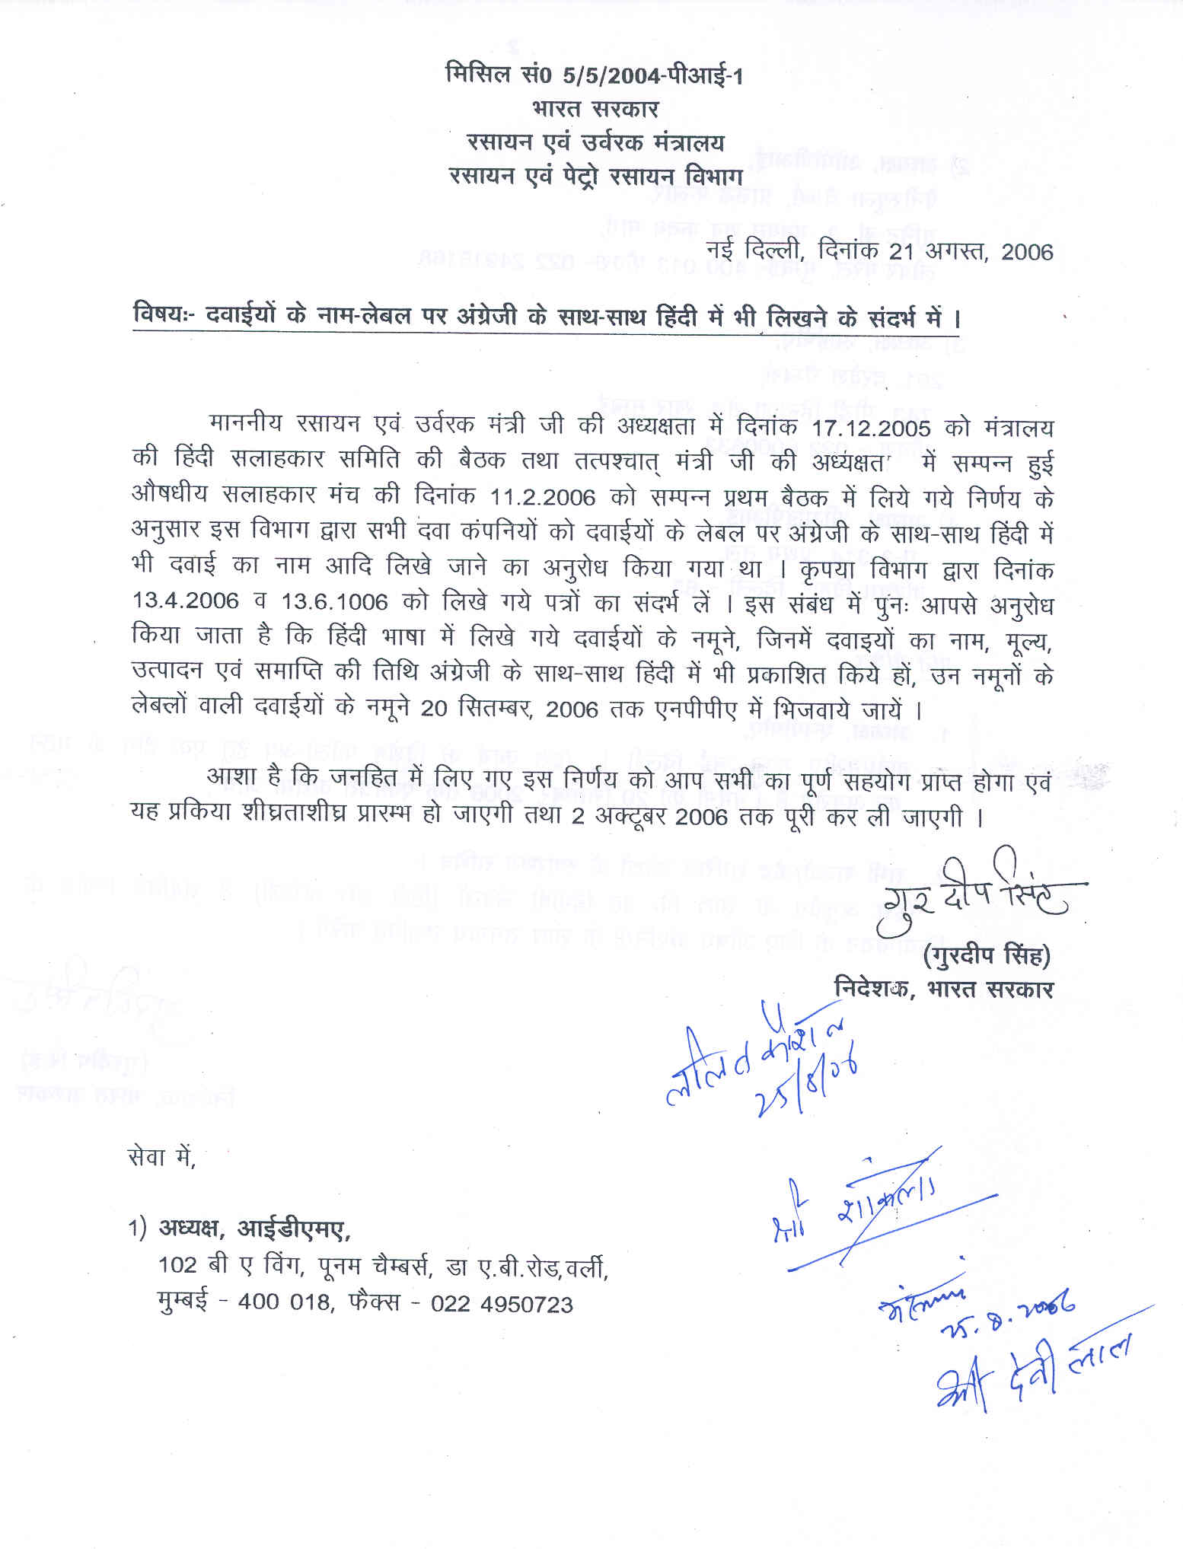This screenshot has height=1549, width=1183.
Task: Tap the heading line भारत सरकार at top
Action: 595,109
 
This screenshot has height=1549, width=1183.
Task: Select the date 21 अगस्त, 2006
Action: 971,252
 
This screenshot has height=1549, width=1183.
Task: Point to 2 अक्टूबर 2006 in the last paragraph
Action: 650,818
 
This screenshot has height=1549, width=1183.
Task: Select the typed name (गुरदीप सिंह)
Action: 987,955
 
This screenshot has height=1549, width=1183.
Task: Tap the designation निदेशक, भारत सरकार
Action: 944,989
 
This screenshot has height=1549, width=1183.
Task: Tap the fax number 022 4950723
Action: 502,1304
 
